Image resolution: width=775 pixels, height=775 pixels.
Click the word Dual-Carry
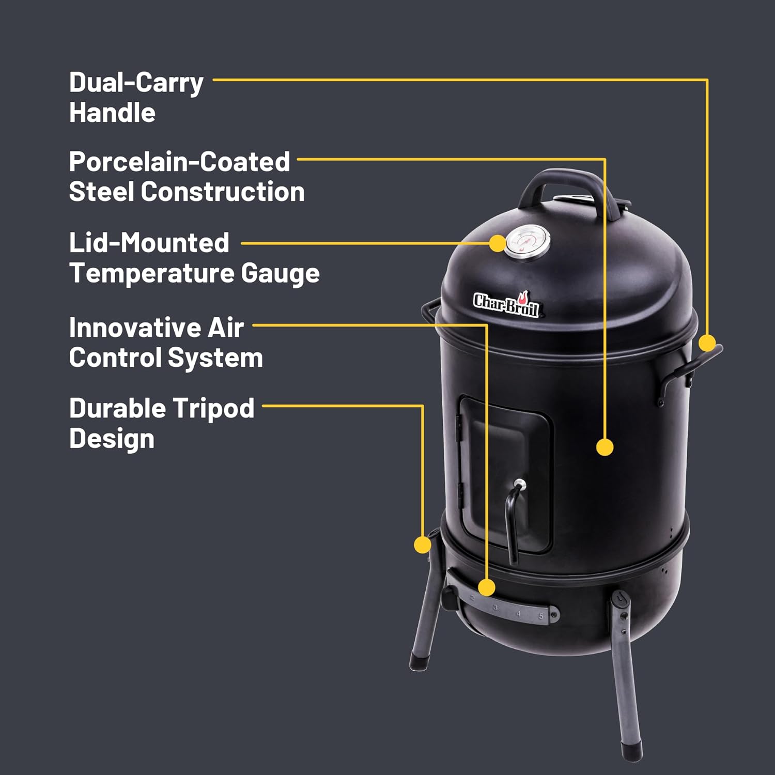pyautogui.click(x=136, y=83)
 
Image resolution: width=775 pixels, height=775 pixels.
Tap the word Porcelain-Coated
pyautogui.click(x=179, y=162)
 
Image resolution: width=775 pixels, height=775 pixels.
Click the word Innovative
pyautogui.click(x=135, y=328)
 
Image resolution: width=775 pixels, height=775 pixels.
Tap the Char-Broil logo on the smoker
pyautogui.click(x=506, y=304)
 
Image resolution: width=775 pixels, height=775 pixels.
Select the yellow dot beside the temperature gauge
pyautogui.click(x=498, y=243)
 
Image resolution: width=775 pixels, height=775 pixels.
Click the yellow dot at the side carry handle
pyautogui.click(x=707, y=343)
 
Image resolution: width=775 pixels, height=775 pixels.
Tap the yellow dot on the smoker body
pyautogui.click(x=605, y=447)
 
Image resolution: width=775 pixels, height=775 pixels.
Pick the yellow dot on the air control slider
pyautogui.click(x=486, y=587)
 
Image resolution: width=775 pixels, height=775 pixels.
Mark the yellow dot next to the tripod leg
pyautogui.click(x=423, y=545)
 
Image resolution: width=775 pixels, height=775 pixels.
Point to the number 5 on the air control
pyautogui.click(x=541, y=616)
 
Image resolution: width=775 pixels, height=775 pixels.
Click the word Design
pyautogui.click(x=112, y=439)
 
